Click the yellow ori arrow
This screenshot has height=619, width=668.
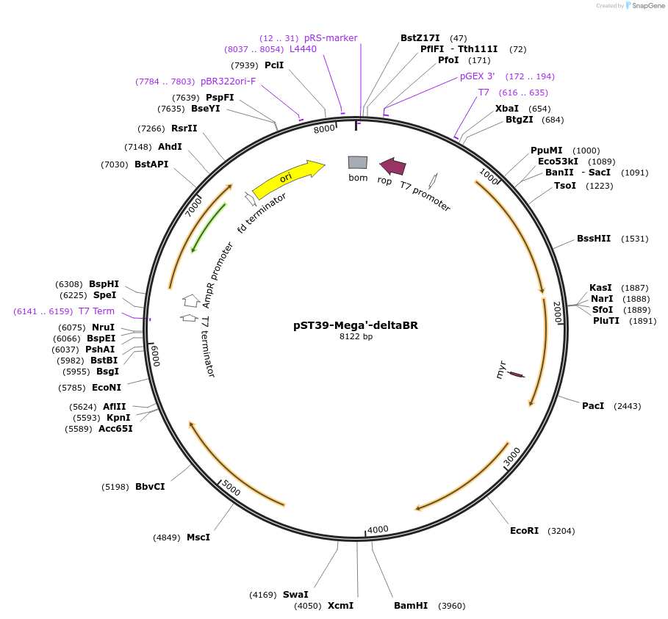tap(288, 180)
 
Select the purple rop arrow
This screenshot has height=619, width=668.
tap(392, 167)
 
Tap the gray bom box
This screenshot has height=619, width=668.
tap(358, 162)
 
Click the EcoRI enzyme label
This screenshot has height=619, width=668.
tap(525, 530)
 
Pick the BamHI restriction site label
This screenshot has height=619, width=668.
tap(410, 606)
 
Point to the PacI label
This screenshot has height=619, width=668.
tap(593, 405)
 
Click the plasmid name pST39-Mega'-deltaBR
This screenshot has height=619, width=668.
tap(356, 325)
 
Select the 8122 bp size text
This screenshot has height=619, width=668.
tap(356, 337)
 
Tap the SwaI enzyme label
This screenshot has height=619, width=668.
tap(295, 594)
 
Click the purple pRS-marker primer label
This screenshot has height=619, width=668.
tap(331, 38)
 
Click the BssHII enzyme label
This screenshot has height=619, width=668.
tap(594, 239)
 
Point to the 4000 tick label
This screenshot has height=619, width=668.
tap(378, 529)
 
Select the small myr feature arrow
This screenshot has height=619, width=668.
tap(517, 374)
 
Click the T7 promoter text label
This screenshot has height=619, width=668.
tap(425, 196)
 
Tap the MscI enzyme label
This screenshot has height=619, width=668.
tap(198, 537)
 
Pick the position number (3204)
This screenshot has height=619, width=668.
tap(561, 530)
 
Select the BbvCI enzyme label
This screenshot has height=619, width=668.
tap(150, 486)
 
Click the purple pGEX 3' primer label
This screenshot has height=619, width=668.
tap(478, 76)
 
